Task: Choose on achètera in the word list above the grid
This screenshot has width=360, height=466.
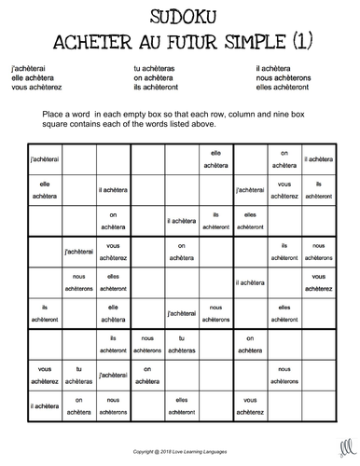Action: tap(155, 78)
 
